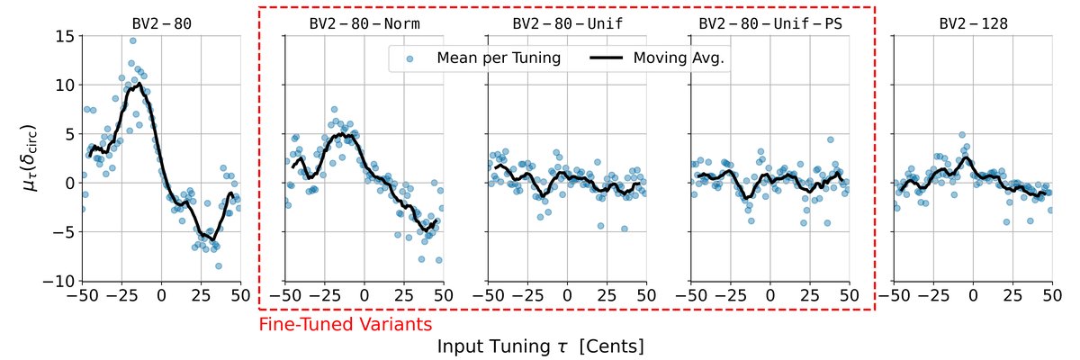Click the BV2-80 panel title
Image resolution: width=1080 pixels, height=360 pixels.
(x=161, y=23)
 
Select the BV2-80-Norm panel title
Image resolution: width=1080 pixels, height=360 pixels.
(x=364, y=23)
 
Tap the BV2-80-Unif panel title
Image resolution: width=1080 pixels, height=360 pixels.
(x=567, y=23)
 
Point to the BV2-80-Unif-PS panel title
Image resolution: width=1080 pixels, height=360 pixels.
(x=770, y=23)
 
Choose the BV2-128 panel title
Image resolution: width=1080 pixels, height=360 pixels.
(x=973, y=23)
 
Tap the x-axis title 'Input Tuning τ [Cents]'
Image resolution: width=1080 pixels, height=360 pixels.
(x=540, y=346)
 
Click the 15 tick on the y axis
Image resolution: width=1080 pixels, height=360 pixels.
(x=63, y=36)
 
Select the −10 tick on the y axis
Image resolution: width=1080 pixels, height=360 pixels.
(x=59, y=282)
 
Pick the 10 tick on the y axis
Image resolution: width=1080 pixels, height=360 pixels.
(x=63, y=85)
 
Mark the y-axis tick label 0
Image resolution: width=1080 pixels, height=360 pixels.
(x=68, y=184)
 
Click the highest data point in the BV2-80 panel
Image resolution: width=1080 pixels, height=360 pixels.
(x=132, y=40)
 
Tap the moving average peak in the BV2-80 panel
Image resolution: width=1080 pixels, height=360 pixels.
(x=139, y=84)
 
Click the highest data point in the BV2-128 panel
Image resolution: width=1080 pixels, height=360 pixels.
(x=962, y=135)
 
